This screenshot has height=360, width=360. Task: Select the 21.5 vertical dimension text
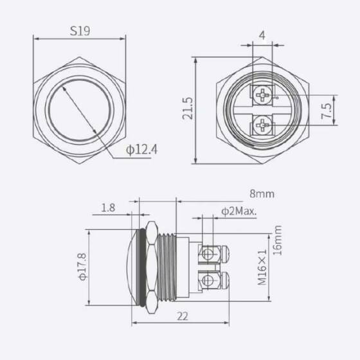[188, 111]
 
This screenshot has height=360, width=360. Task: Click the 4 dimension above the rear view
[263, 35]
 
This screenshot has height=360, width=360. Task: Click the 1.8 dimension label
[109, 208]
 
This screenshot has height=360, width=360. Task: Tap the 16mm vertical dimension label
[278, 241]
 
